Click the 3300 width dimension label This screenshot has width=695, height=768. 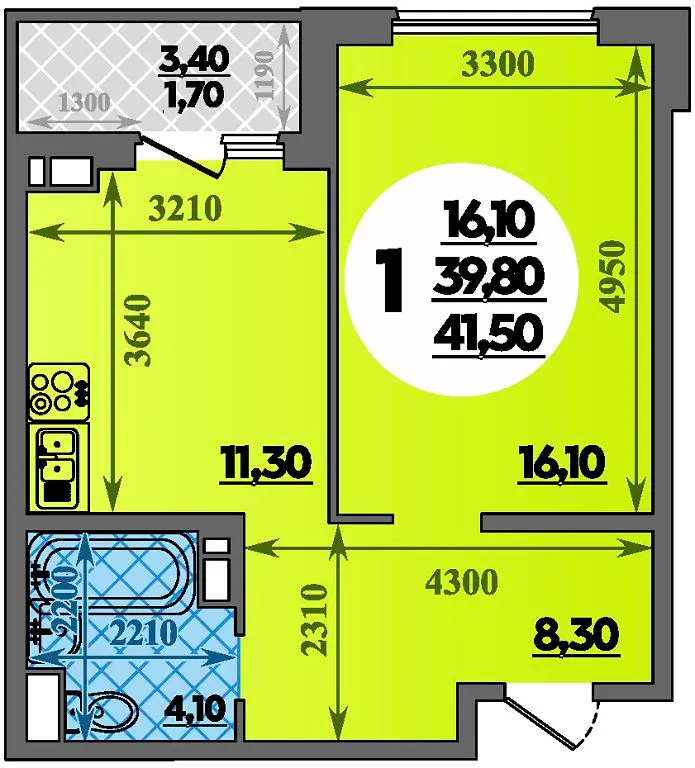(x=497, y=64)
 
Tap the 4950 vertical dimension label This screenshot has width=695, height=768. (x=614, y=276)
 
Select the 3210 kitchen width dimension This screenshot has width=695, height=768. (x=186, y=209)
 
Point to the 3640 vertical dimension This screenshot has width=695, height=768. (x=139, y=330)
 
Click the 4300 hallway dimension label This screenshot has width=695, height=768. (x=462, y=582)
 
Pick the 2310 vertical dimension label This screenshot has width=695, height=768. (x=314, y=619)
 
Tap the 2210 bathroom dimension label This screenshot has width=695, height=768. (x=143, y=634)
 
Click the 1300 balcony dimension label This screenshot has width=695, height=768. (x=84, y=103)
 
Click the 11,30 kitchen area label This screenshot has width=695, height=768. (x=266, y=463)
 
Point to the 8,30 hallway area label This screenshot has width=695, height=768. (x=576, y=635)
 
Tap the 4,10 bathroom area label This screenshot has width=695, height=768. (x=195, y=708)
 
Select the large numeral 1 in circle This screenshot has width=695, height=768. (x=389, y=279)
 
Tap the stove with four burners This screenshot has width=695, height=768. (x=59, y=392)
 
